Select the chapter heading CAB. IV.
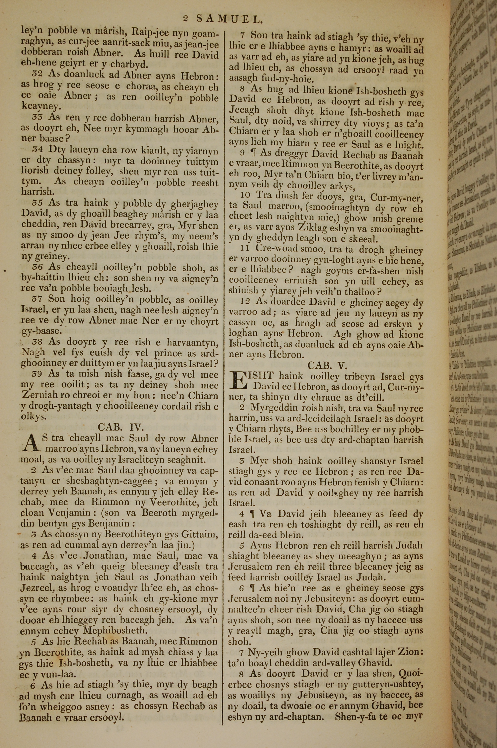[x=121, y=427]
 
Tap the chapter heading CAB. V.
[x=328, y=365]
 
